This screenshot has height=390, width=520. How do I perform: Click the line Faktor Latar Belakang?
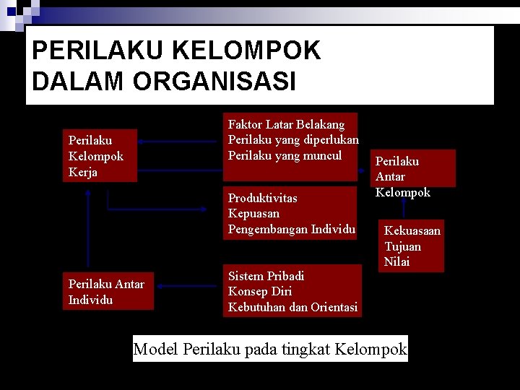tap(287, 124)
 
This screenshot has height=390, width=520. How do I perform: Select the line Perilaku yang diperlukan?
tap(293, 139)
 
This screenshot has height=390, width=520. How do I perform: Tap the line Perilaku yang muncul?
tap(285, 155)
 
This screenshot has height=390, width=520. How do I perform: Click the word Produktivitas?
tap(262, 198)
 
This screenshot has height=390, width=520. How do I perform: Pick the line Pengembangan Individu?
tap(291, 229)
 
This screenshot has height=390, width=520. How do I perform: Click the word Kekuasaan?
tap(412, 230)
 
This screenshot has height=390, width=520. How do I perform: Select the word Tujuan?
tap(402, 246)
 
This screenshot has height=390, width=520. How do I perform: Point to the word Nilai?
tap(396, 261)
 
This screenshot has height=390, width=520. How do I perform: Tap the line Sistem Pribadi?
tap(266, 276)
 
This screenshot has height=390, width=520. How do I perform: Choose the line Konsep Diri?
tap(260, 291)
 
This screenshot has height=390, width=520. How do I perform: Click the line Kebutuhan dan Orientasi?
tap(292, 307)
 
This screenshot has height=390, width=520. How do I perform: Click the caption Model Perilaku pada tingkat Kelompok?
tap(270, 350)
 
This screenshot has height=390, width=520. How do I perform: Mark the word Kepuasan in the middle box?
tap(253, 213)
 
